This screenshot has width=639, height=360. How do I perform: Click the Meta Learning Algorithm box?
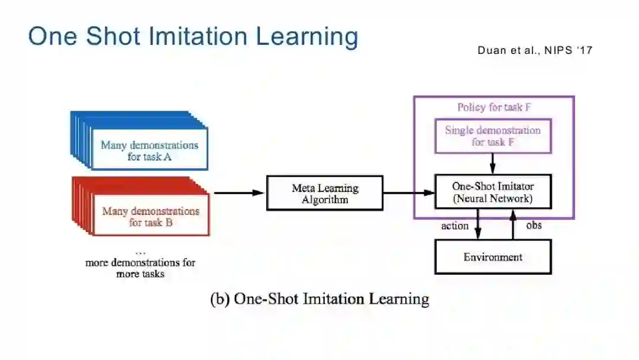coord(325,193)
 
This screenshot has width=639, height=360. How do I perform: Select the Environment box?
coord(493,257)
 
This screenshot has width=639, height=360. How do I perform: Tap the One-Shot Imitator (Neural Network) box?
coord(493,192)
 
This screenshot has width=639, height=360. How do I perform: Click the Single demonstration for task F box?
coord(493,136)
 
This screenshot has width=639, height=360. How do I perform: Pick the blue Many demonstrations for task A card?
coord(149,150)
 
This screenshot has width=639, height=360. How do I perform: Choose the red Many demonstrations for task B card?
coord(150,217)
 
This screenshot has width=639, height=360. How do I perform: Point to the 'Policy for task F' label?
coord(493,107)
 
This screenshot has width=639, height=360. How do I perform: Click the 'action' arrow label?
coord(455,226)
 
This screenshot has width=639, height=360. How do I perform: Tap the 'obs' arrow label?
coord(534,225)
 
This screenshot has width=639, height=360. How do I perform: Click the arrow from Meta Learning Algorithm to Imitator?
coord(408,192)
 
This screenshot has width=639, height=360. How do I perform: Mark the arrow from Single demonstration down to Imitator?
coord(492,164)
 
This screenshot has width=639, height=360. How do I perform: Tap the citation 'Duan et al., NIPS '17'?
coord(535,50)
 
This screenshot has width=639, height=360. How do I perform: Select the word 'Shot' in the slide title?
coord(115,36)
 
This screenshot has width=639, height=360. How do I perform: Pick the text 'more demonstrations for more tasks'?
coord(140,268)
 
